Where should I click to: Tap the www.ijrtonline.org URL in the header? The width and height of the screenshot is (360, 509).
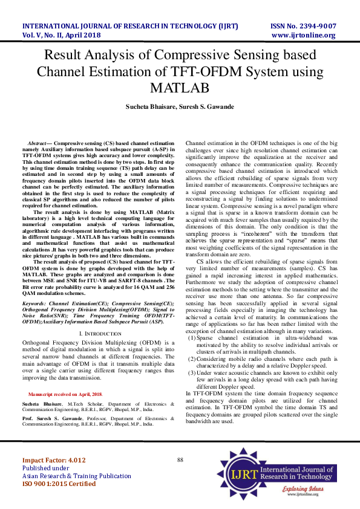[x=304, y=35]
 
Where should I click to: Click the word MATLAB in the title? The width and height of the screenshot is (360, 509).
[x=180, y=88]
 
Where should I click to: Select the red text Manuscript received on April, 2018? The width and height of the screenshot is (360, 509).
[x=74, y=394]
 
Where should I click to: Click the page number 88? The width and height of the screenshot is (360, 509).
[x=180, y=460]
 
